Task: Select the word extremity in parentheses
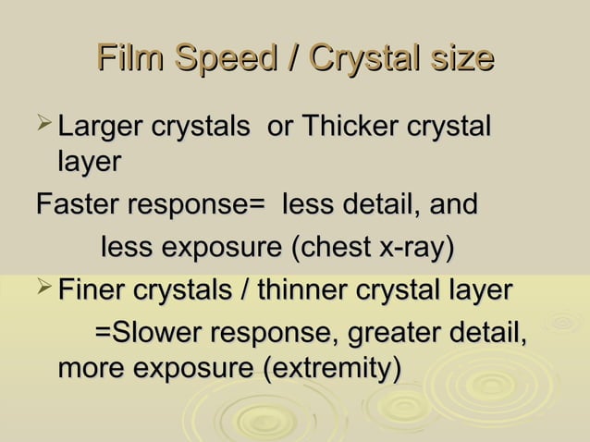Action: [x=331, y=369]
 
